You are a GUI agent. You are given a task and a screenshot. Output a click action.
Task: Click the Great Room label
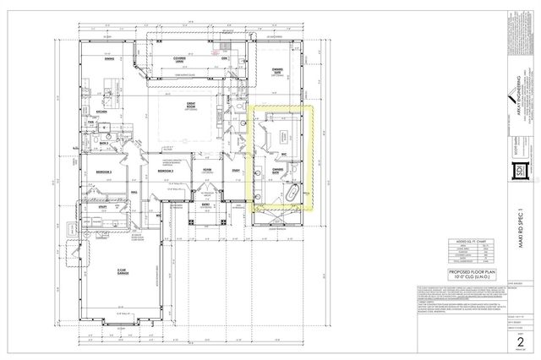(192, 104)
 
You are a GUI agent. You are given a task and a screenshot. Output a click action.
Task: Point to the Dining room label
(109, 58)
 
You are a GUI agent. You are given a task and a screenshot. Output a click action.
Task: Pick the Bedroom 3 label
(165, 171)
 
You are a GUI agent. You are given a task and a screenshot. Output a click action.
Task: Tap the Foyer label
(205, 169)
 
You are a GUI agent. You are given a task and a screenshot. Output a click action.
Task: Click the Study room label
(234, 169)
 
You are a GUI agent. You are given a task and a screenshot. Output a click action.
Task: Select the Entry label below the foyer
(205, 203)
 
